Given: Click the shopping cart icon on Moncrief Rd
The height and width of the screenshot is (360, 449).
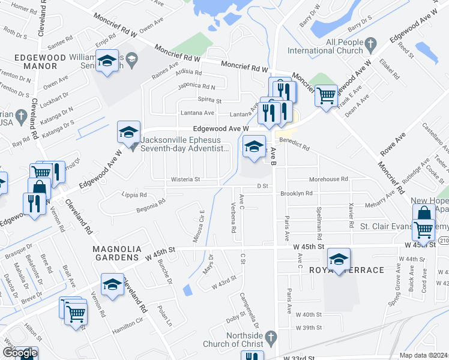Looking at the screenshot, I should (326, 95).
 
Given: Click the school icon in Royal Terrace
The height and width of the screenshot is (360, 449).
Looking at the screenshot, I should (339, 259).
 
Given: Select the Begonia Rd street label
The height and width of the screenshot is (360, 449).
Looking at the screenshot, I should (150, 205).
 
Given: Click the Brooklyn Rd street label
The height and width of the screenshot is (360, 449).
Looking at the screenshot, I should (297, 193).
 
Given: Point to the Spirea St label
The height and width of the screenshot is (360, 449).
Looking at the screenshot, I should (210, 100).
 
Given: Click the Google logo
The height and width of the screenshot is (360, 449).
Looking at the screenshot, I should (19, 353).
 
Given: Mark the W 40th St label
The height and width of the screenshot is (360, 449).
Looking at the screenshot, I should (309, 314).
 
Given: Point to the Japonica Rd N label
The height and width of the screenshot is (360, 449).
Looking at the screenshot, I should (196, 86).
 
